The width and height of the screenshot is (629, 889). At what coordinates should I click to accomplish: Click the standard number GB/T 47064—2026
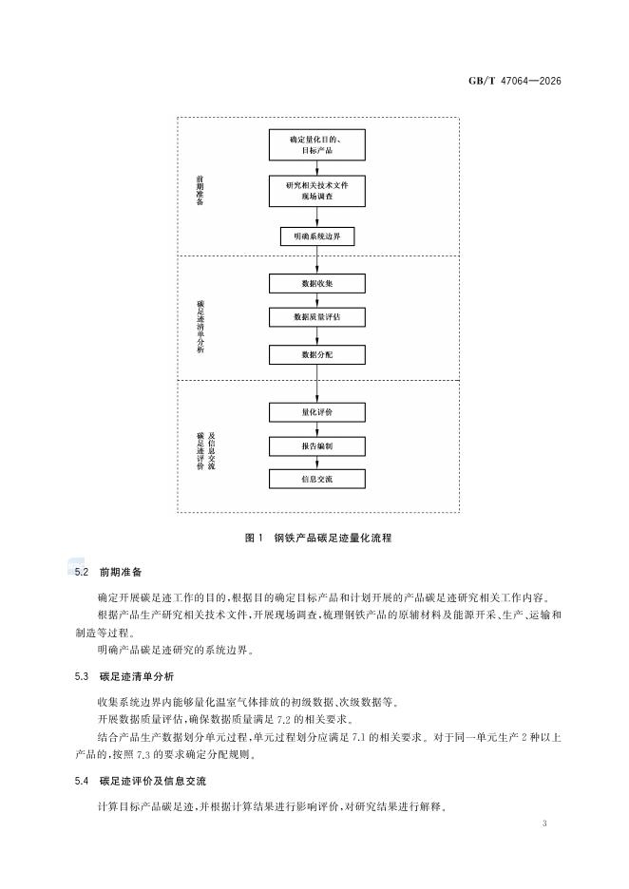(x=515, y=81)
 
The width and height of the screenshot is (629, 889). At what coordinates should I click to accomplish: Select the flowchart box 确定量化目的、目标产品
(x=316, y=144)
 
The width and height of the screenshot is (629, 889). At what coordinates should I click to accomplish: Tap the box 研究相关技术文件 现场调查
(x=316, y=191)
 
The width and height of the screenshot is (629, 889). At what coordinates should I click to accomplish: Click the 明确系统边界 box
(x=316, y=236)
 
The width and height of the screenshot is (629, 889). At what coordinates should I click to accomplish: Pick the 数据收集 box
(x=316, y=283)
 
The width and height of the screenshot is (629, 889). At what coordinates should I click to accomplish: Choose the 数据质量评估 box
(x=316, y=318)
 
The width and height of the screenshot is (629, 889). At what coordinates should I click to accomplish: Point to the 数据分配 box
(x=316, y=354)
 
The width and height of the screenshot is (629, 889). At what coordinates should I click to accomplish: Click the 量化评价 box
(x=316, y=411)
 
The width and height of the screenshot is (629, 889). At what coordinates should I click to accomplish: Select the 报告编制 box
(x=316, y=444)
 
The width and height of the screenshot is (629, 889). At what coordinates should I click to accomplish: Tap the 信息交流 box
(x=316, y=479)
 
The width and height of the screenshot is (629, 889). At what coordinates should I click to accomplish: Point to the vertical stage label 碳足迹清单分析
(x=200, y=324)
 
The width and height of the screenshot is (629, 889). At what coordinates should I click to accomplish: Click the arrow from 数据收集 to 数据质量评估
(x=316, y=300)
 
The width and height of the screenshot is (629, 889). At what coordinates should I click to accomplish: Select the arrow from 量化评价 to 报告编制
(x=316, y=428)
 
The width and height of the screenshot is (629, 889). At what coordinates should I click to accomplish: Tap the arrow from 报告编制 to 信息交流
(x=316, y=462)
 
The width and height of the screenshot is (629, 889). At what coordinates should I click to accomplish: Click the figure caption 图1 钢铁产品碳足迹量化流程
(x=316, y=538)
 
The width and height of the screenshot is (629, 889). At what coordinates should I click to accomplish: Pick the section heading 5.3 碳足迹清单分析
(x=124, y=676)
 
